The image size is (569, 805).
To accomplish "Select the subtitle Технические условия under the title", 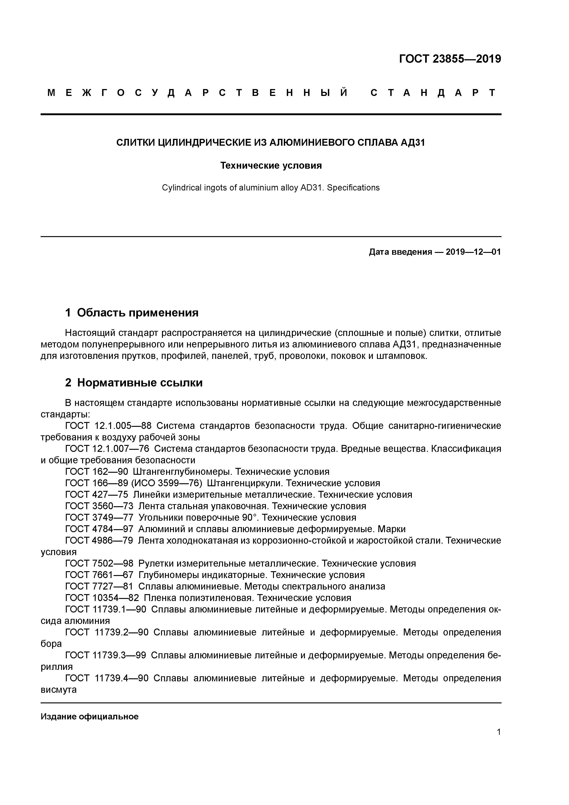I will [271, 165].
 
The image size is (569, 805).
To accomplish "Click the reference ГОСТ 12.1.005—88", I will [108, 426].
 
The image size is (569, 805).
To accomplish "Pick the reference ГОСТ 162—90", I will [97, 472].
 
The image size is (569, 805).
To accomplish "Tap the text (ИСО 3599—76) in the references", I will [167, 483].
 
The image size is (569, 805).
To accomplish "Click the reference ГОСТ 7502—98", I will [99, 563].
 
